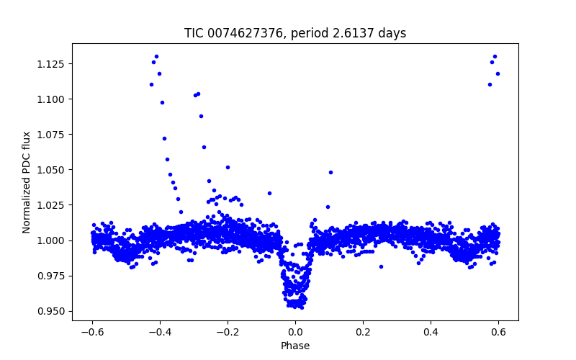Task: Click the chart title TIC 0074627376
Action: [295, 33]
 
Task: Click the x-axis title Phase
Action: [295, 346]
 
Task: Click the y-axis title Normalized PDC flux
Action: [27, 182]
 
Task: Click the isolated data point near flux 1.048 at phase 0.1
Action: [330, 172]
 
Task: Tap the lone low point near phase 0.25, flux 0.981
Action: [381, 266]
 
